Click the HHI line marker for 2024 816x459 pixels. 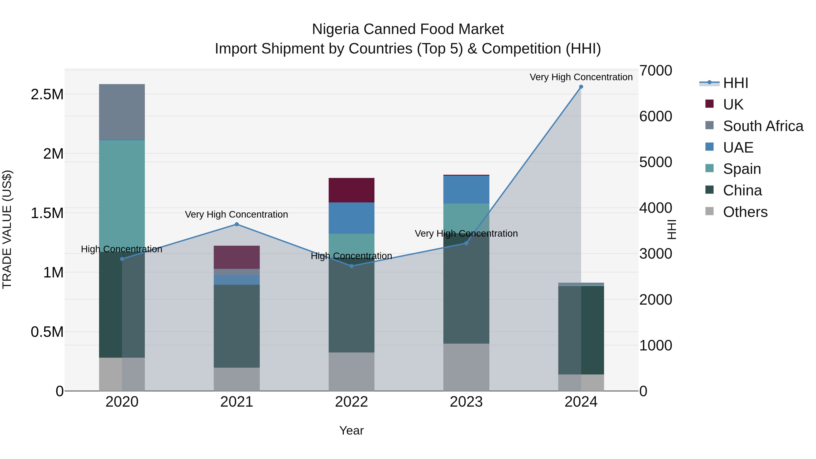pyautogui.click(x=581, y=87)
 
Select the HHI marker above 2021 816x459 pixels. pyautogui.click(x=237, y=224)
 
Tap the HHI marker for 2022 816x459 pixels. pyautogui.click(x=351, y=266)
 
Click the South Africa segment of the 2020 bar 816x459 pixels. pyautogui.click(x=122, y=112)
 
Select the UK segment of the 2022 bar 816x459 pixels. pyautogui.click(x=351, y=190)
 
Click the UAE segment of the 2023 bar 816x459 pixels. pyautogui.click(x=466, y=189)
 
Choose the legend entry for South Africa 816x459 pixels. pyautogui.click(x=763, y=126)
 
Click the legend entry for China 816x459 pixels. pyautogui.click(x=742, y=190)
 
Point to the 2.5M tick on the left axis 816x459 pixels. pyautogui.click(x=47, y=94)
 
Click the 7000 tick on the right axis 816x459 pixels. pyautogui.click(x=655, y=71)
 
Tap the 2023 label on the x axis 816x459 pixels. pyautogui.click(x=466, y=402)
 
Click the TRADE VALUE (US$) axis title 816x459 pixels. pyautogui.click(x=7, y=229)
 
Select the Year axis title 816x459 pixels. pyautogui.click(x=351, y=430)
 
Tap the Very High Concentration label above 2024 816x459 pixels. pyautogui.click(x=581, y=77)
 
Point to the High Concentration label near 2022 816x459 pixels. pyautogui.click(x=351, y=256)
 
